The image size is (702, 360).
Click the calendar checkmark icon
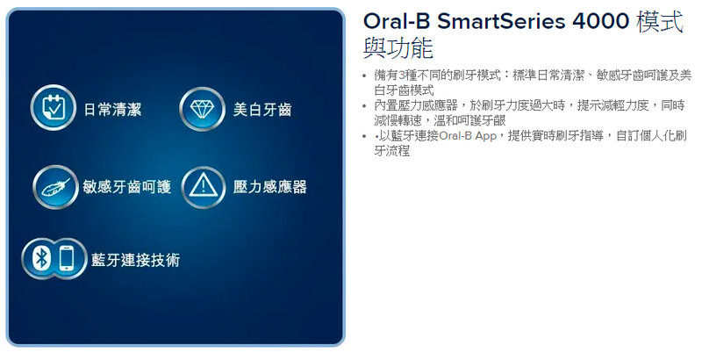[x=54, y=107]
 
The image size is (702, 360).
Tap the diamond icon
[x=202, y=109]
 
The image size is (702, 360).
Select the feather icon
[x=56, y=187]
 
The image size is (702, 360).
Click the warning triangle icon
[x=204, y=187]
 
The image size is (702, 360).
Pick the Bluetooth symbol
[x=41, y=258]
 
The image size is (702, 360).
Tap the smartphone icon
[x=67, y=258]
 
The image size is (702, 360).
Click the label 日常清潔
[x=113, y=109]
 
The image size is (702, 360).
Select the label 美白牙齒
[x=262, y=109]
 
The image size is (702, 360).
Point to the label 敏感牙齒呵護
[x=126, y=187]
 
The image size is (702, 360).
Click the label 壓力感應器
[x=269, y=187]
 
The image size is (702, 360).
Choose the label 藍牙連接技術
[x=136, y=260]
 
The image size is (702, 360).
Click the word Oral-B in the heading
[x=397, y=21]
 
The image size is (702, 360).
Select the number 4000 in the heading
[x=601, y=21]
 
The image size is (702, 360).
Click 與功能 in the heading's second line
[x=398, y=48]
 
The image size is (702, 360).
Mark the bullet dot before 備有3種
[x=364, y=76]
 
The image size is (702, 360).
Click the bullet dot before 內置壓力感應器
[x=364, y=106]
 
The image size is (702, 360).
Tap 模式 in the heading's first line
[x=660, y=21]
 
